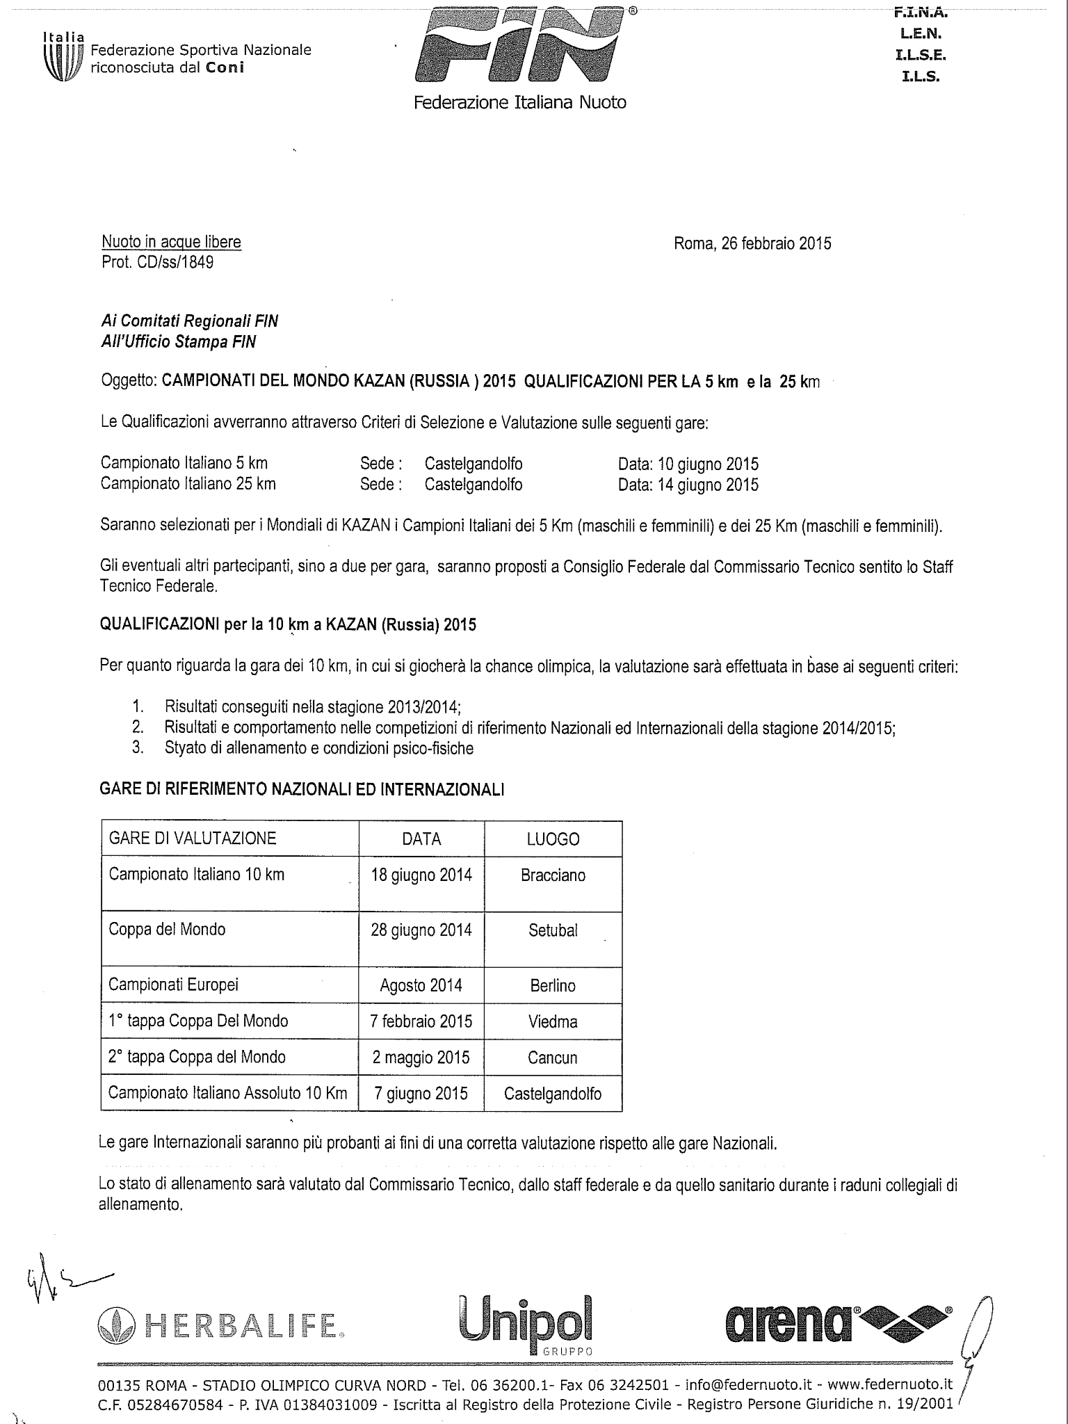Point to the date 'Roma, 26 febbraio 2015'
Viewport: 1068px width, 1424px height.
[752, 243]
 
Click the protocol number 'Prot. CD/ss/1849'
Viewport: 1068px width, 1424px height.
[157, 263]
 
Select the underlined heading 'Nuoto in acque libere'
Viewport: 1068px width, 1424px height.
[171, 242]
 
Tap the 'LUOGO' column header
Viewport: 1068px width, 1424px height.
[553, 839]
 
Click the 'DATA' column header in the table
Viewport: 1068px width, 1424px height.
[421, 839]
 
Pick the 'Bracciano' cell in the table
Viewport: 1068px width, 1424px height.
[553, 875]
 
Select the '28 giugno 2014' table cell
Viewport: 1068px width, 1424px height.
[421, 930]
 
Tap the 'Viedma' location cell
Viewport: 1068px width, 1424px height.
[553, 1021]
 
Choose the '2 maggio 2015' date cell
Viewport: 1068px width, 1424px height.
[421, 1058]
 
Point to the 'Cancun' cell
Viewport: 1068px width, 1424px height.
[553, 1058]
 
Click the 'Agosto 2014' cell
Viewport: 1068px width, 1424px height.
[421, 985]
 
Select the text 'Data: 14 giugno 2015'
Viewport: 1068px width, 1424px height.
[688, 485]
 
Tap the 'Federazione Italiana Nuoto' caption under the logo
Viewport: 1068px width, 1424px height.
[520, 103]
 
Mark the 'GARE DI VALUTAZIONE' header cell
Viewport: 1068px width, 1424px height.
[193, 839]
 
